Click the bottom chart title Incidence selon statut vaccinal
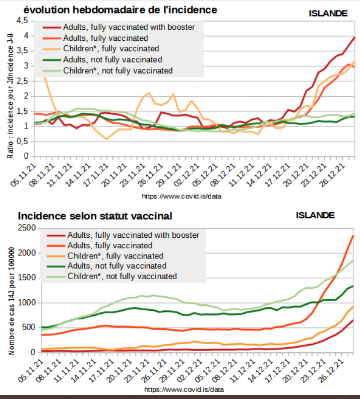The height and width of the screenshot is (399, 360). coord(95,216)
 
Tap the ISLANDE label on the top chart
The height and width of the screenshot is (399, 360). coord(328,14)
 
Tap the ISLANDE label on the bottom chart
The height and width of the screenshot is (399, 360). coord(315,215)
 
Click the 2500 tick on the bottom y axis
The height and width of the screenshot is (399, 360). coord(26,228)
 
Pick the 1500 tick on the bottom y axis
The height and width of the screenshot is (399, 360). coord(26,278)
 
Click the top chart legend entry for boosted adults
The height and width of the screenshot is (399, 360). coord(129,27)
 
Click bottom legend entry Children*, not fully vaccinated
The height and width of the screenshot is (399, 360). coord(122,276)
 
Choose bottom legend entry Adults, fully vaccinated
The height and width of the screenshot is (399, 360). coord(109,245)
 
